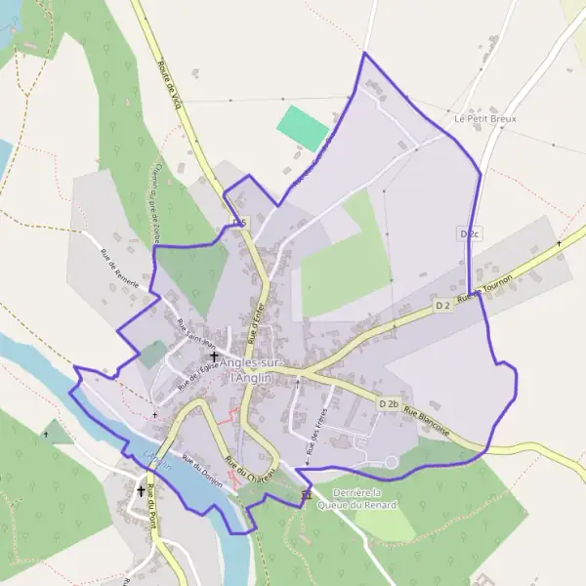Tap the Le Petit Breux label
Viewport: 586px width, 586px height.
pos(484,118)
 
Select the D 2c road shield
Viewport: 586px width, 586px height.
pos(470,234)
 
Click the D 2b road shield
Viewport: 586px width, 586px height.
pos(389,403)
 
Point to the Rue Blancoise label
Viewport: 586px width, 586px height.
pos(428,420)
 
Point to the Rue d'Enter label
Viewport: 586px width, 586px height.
pos(257,323)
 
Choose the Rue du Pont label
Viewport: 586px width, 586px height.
pos(151,511)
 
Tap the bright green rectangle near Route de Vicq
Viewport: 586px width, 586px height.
pos(303,128)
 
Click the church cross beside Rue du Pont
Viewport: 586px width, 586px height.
pos(141,491)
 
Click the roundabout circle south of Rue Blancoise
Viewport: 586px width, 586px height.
pos(391,461)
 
